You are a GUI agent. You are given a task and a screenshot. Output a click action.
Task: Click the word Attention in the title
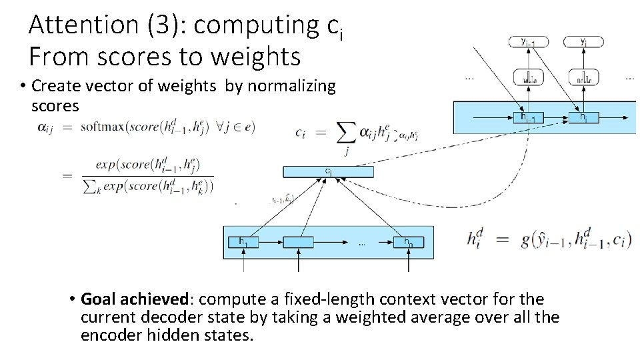82,25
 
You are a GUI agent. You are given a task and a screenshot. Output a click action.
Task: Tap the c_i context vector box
328,171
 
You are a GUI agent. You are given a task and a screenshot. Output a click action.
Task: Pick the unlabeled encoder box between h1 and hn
298,242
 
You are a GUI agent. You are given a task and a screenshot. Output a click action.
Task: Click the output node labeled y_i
583,42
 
